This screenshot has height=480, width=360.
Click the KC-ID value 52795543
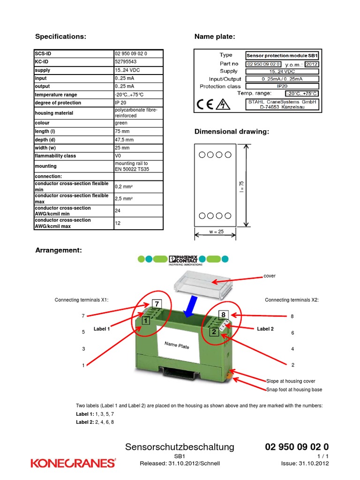126,61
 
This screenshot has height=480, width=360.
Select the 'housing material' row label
54,113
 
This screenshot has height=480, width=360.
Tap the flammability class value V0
118,156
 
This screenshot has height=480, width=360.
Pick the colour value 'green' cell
121,123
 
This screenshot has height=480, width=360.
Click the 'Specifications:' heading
61,37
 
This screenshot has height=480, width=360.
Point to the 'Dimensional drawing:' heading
232,132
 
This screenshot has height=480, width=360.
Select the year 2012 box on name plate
311,64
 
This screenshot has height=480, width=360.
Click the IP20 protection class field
282,86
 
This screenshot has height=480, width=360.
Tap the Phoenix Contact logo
183,259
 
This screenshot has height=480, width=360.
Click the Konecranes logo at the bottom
73,463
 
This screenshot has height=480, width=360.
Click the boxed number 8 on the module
224,315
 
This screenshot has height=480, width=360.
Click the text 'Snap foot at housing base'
294,390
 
